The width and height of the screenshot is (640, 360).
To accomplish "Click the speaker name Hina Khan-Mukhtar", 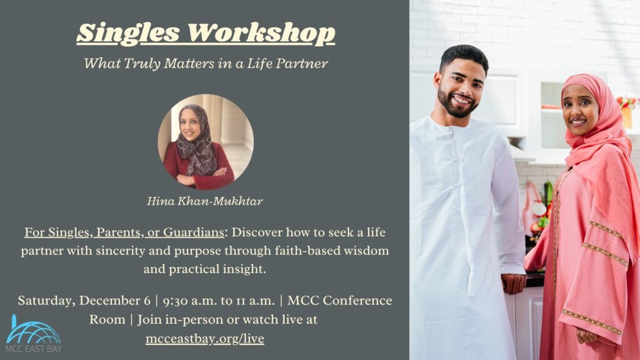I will pyautogui.click(x=205, y=201).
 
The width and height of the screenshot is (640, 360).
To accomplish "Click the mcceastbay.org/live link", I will pyautogui.click(x=205, y=339).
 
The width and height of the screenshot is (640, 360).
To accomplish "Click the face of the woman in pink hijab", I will pyautogui.click(x=581, y=111).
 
